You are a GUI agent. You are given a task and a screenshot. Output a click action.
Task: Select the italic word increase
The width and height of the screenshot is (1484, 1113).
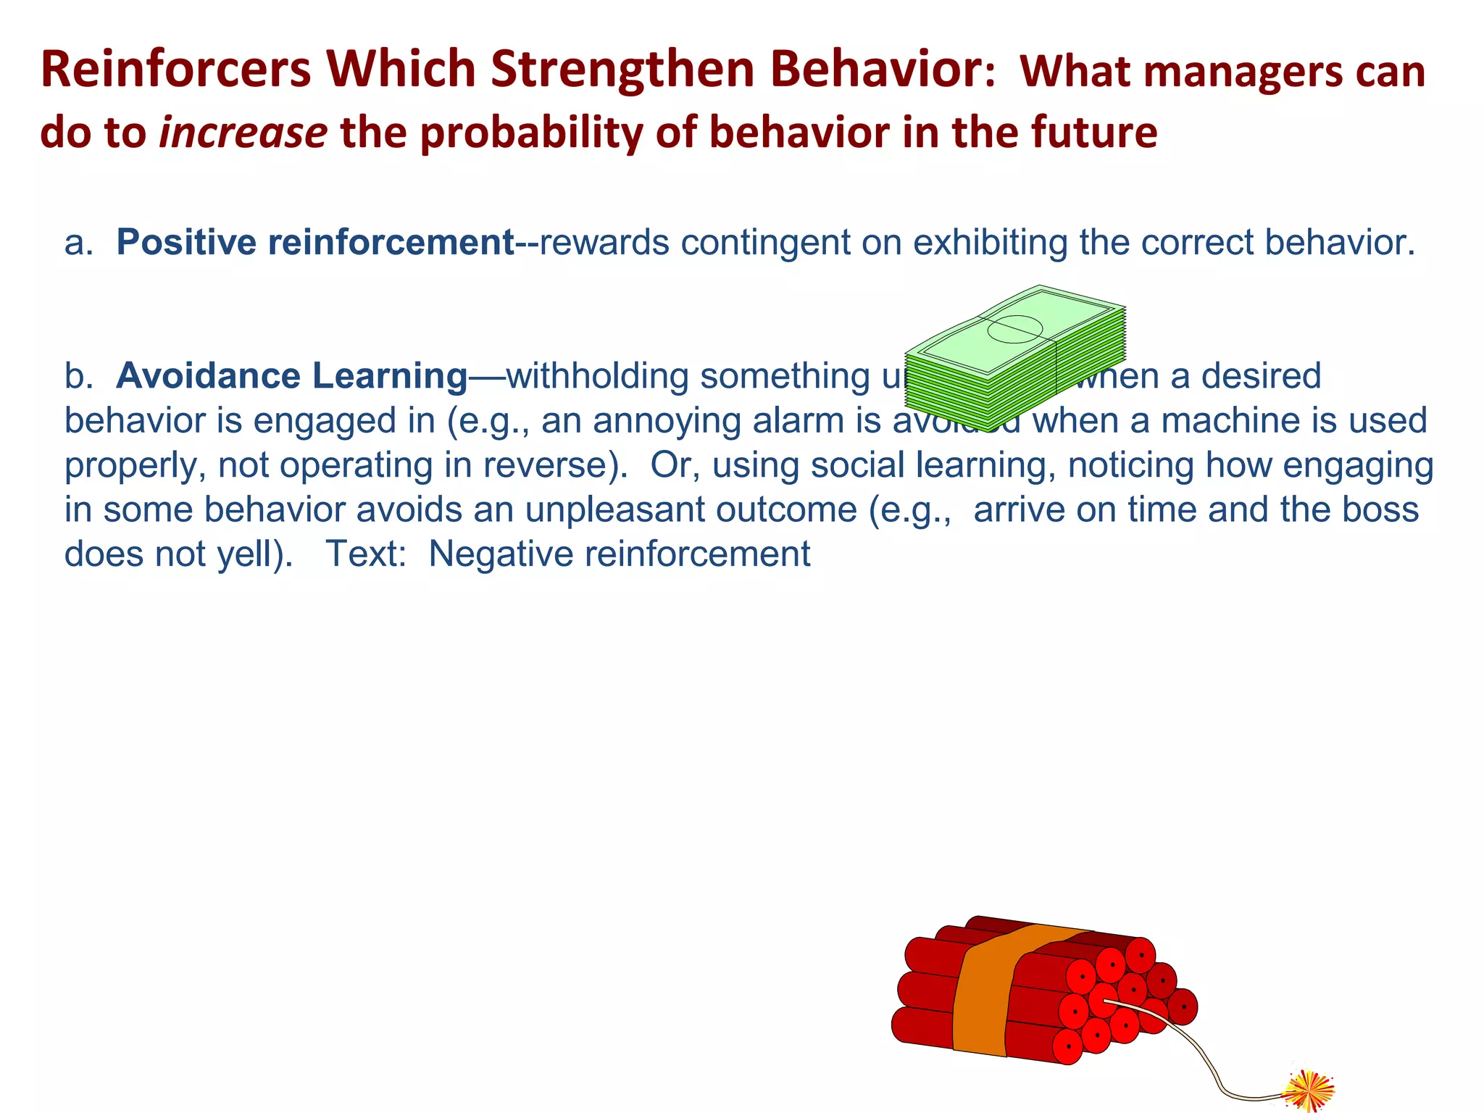[243, 133]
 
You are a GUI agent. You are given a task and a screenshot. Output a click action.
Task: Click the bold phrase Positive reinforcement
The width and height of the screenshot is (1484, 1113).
[315, 243]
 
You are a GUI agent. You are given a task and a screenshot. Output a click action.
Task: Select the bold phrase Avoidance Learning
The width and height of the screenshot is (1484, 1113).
[292, 376]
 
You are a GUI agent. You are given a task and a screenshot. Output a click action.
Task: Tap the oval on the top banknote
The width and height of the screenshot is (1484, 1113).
[1014, 330]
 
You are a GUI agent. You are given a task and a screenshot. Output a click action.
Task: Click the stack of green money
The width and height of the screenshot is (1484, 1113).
[1014, 359]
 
